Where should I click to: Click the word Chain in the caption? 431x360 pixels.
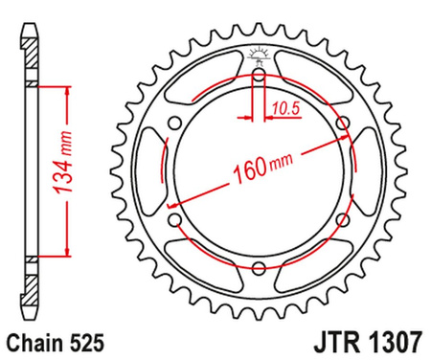coord(31,341)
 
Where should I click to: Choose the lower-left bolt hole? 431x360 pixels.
coord(173,222)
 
